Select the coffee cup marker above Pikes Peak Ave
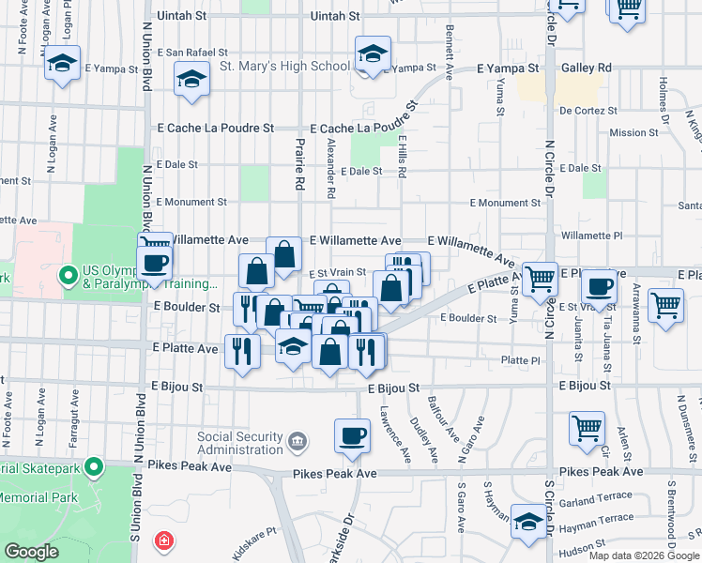coord(353,436)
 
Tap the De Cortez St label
coord(588,110)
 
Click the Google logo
coord(31,551)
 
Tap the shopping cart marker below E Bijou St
coord(587,428)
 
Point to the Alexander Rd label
coord(330,170)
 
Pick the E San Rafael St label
coord(192,53)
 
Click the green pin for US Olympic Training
coord(67,277)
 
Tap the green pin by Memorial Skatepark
coord(93,466)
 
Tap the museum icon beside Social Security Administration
coord(298,439)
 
